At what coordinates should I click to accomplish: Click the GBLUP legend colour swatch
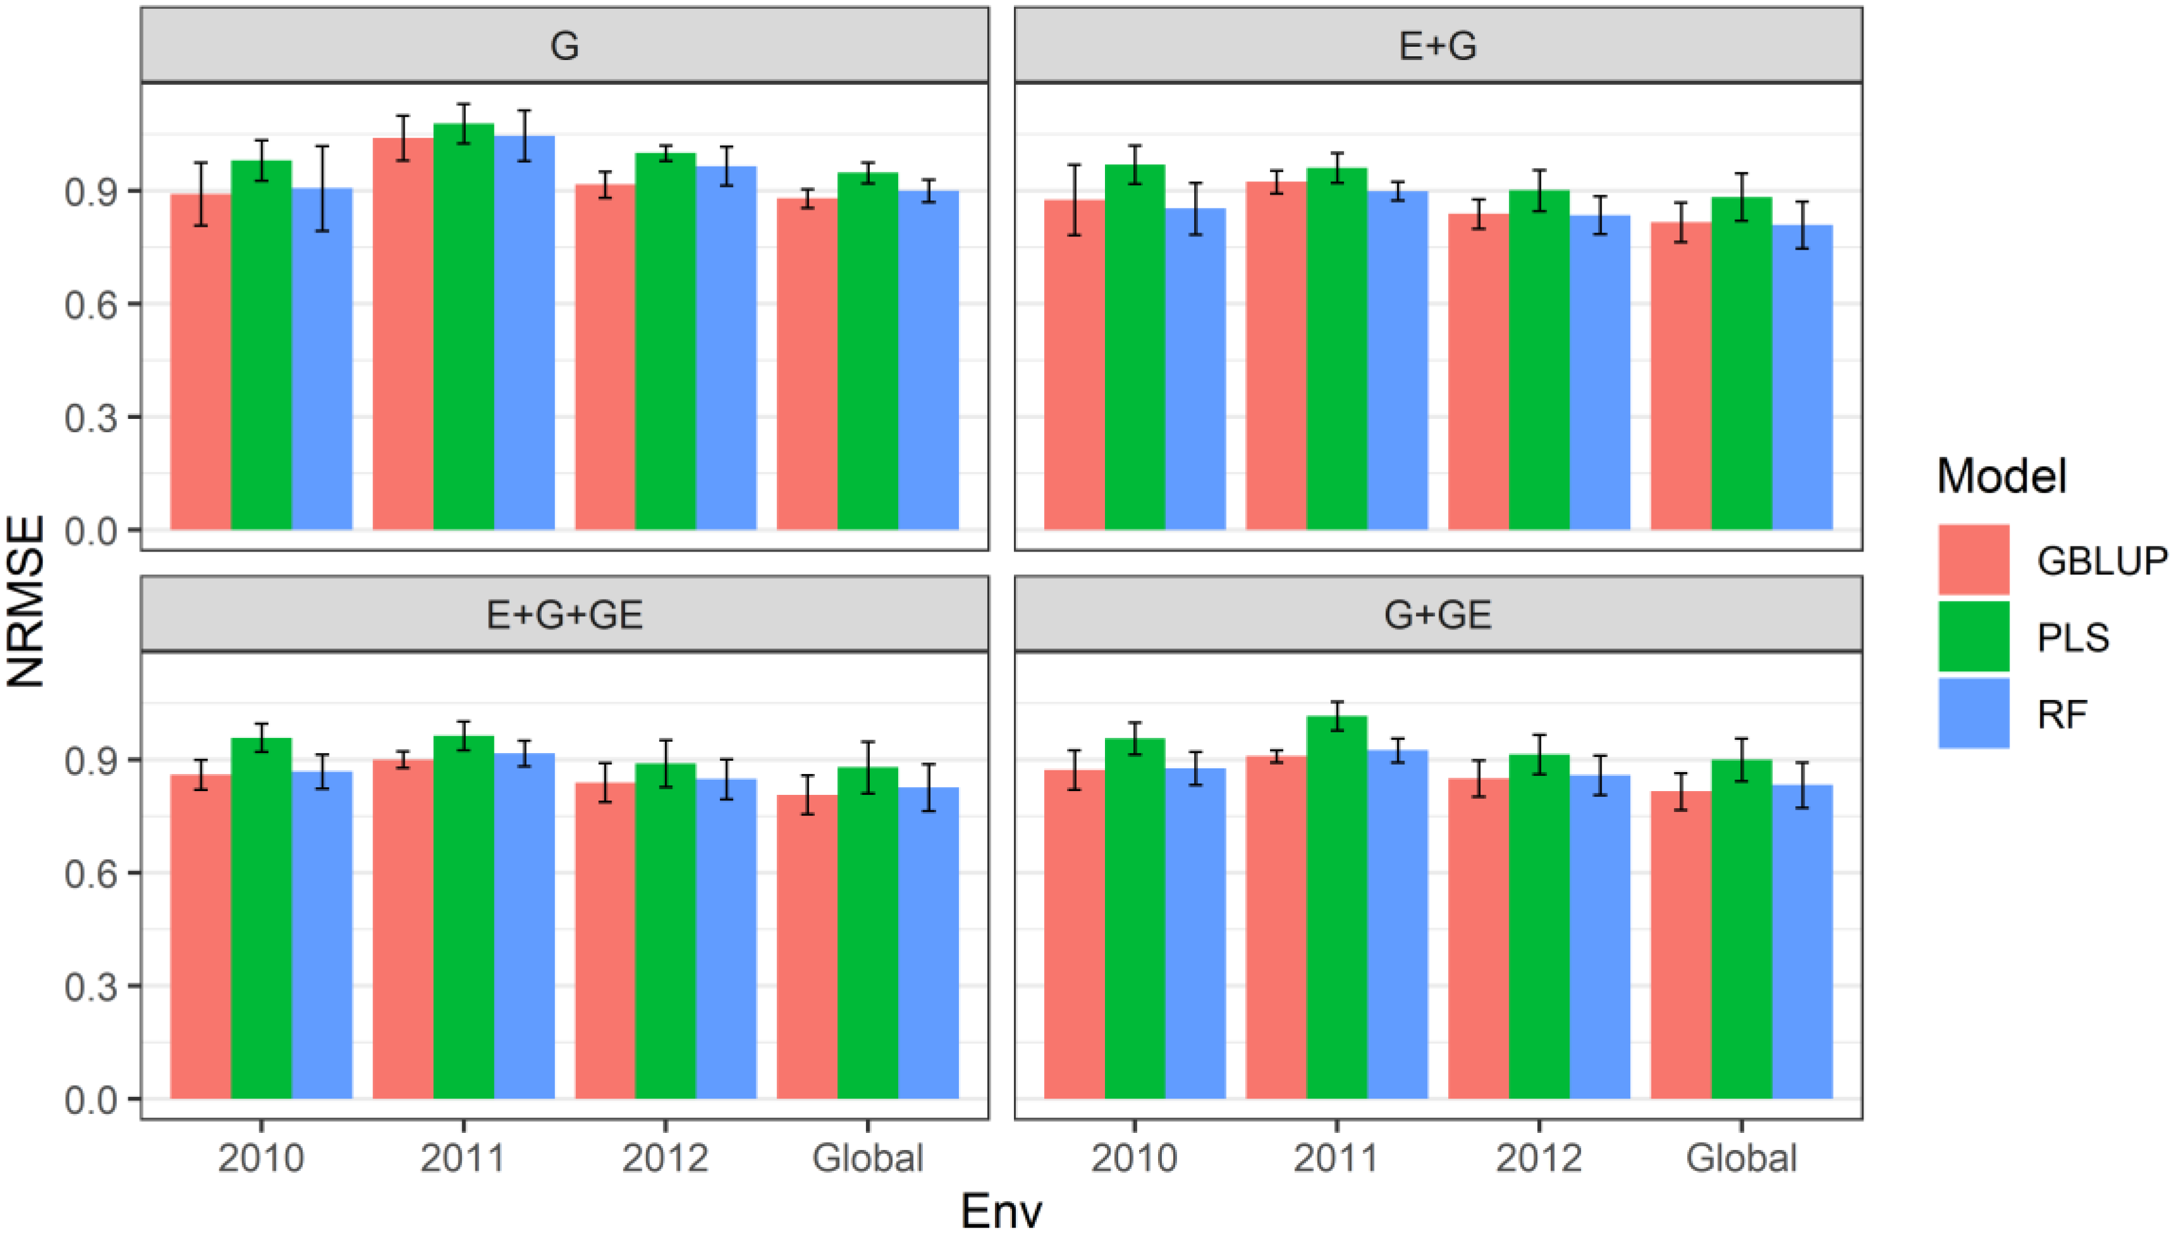[x=1973, y=559]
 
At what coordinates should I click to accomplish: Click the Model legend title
[x=2001, y=476]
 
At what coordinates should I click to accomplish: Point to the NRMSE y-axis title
[x=25, y=602]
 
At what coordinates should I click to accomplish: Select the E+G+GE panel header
[x=564, y=614]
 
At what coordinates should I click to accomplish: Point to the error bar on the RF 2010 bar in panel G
[x=322, y=188]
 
